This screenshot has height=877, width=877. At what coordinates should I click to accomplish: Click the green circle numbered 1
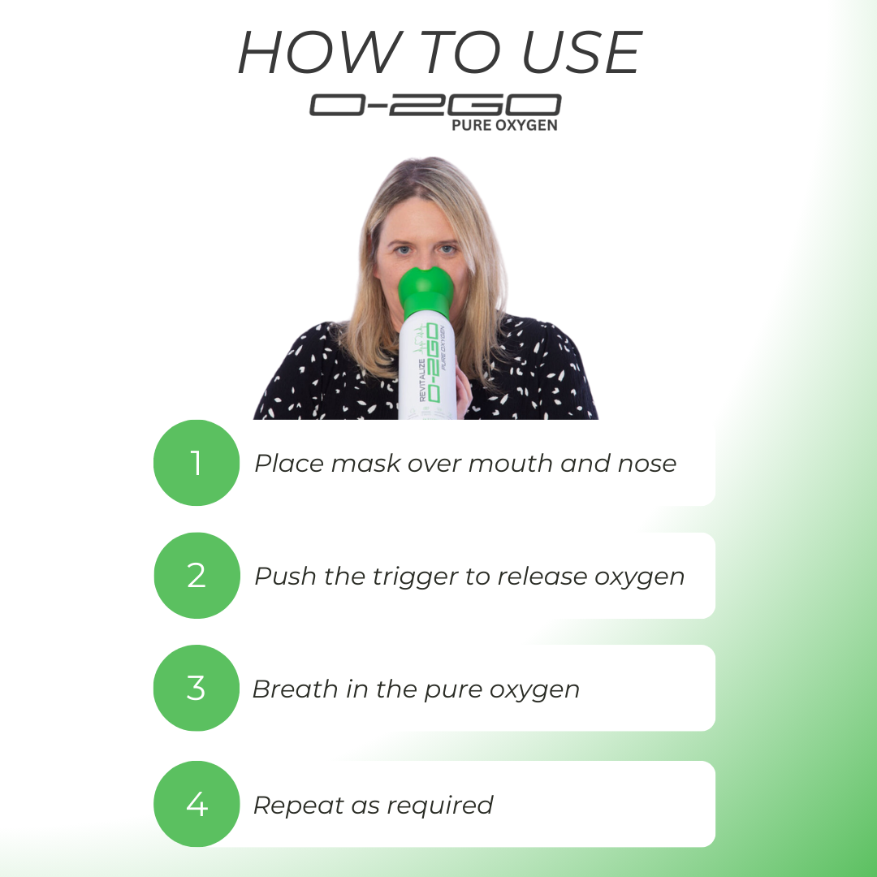click(197, 463)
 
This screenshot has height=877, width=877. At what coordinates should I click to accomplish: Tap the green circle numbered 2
click(197, 576)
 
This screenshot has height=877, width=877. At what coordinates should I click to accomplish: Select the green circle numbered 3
click(197, 689)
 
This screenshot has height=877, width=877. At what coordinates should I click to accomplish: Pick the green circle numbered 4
click(197, 804)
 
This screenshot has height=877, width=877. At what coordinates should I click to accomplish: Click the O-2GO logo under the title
click(435, 106)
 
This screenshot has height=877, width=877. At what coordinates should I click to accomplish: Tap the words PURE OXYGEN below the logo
click(504, 126)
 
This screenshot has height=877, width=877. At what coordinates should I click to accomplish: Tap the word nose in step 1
click(646, 464)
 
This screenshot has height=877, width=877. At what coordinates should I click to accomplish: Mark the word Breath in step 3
click(294, 689)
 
